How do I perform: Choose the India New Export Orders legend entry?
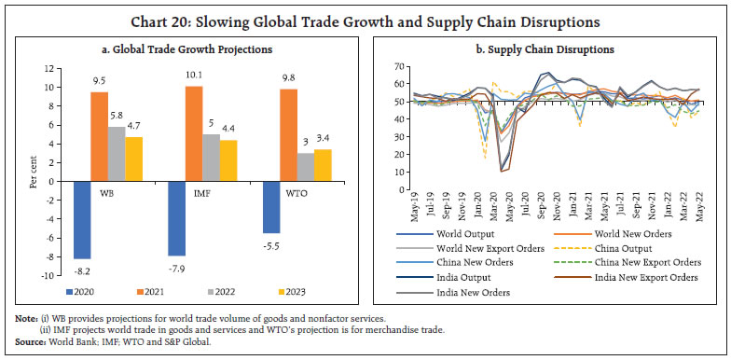634,277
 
